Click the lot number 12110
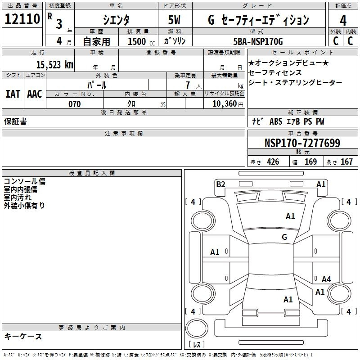pos(22,19)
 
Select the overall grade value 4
pos(343,21)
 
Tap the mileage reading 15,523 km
pos(54,65)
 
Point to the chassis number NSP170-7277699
pos(302,143)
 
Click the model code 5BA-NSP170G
pos(258,41)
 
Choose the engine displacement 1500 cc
pos(141,41)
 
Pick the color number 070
pos(75,104)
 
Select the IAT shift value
pos(13,94)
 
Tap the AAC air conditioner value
pos(35,94)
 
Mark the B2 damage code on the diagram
pos(220,184)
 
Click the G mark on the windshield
pos(284,237)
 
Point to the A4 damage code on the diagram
pos(326,279)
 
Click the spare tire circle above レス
pos(197,328)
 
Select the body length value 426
pos(273,162)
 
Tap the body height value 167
pos(346,162)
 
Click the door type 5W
pos(174,20)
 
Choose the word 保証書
pos(15,121)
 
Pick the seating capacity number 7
pos(188,85)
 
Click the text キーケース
pos(23,337)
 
